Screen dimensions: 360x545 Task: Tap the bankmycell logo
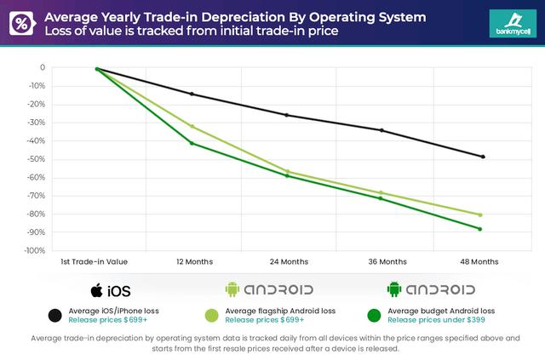tap(514, 23)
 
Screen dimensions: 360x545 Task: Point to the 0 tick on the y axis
tap(42, 67)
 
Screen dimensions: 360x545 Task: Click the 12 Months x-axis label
tap(193, 261)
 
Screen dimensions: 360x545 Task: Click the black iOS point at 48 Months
tap(482, 157)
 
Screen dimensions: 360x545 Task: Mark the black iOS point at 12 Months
tap(192, 94)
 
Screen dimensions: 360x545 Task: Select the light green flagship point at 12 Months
tap(192, 126)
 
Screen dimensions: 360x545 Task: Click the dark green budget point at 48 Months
tap(480, 229)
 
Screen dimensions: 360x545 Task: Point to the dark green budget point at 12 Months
tap(192, 143)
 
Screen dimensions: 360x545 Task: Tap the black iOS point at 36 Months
tap(381, 130)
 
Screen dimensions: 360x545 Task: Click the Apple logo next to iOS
tap(97, 289)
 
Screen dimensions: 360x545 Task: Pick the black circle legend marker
tap(55, 315)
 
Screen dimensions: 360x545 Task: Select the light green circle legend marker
tap(210, 315)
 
